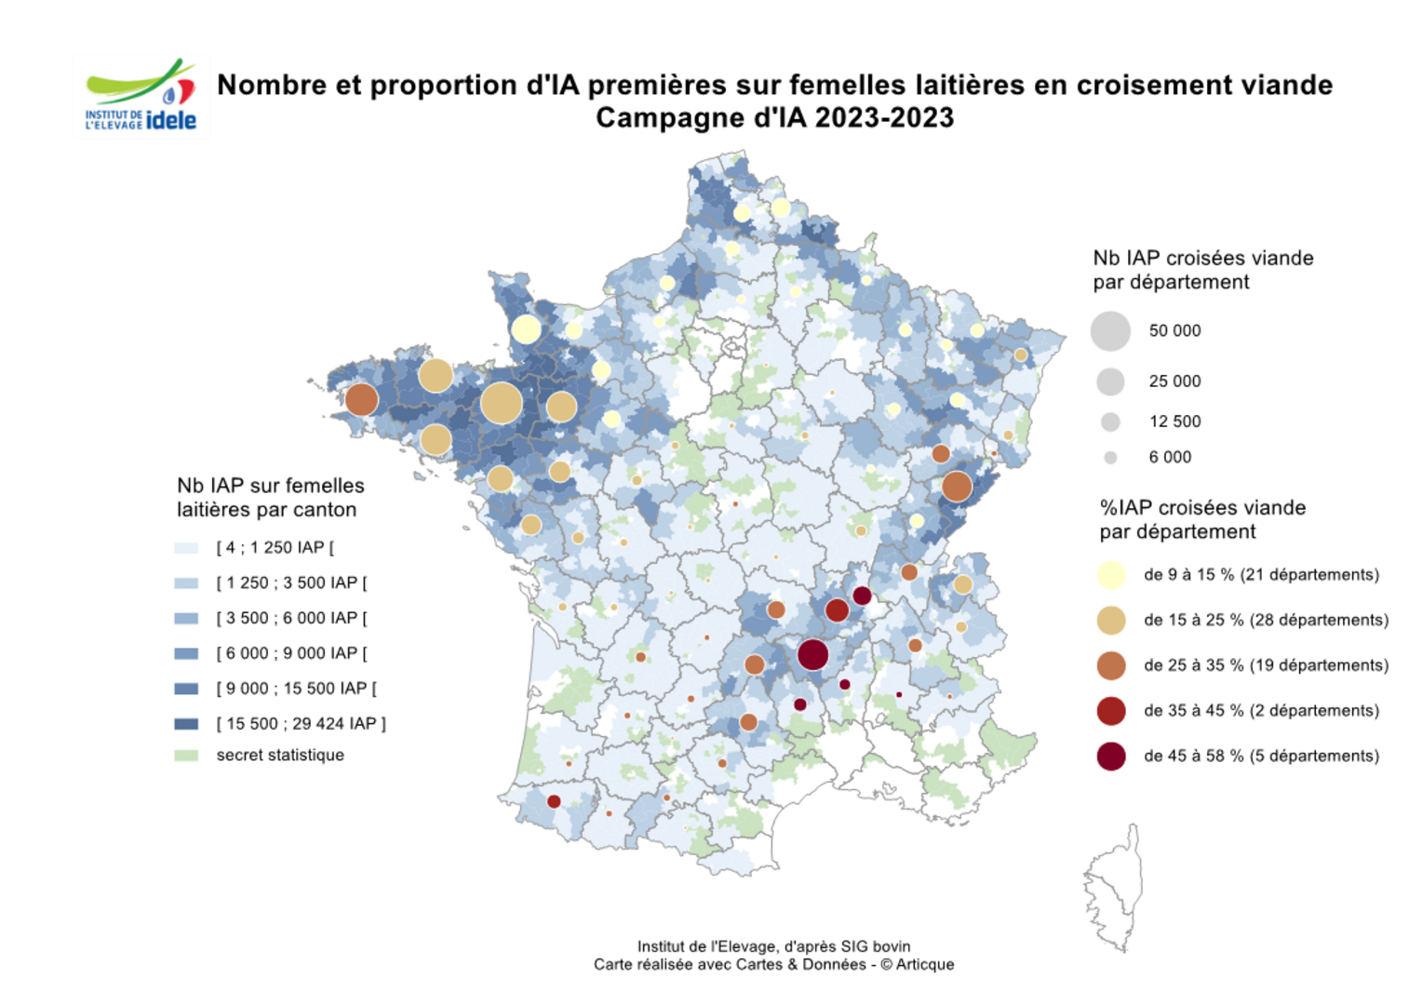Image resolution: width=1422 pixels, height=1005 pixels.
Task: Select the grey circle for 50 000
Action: tap(1110, 331)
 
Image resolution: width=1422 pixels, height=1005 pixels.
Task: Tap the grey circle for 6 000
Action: tap(1110, 458)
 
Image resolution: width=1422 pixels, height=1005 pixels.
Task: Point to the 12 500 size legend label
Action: tap(1174, 422)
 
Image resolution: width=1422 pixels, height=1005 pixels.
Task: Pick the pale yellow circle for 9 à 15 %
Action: tap(1111, 575)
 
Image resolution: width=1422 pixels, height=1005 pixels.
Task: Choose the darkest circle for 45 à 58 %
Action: tap(1111, 757)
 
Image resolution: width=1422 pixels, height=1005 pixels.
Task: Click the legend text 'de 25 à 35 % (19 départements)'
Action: tap(1266, 665)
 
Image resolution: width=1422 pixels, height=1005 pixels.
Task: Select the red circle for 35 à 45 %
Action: tap(1111, 711)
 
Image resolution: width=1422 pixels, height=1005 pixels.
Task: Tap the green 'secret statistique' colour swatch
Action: tap(186, 756)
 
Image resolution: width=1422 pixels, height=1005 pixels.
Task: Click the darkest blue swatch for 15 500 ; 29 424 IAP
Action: tap(186, 724)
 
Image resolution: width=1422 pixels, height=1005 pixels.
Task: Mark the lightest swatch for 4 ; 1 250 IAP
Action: tap(186, 548)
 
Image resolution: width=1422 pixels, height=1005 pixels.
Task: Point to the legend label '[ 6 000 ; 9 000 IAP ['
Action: tap(291, 653)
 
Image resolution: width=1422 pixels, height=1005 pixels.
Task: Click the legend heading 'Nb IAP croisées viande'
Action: tap(1202, 259)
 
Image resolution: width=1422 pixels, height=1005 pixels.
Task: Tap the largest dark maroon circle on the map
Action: tap(812, 655)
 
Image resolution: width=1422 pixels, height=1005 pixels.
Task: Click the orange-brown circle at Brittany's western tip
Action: tap(361, 399)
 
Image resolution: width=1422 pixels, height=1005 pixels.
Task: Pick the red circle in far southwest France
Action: tap(554, 801)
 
